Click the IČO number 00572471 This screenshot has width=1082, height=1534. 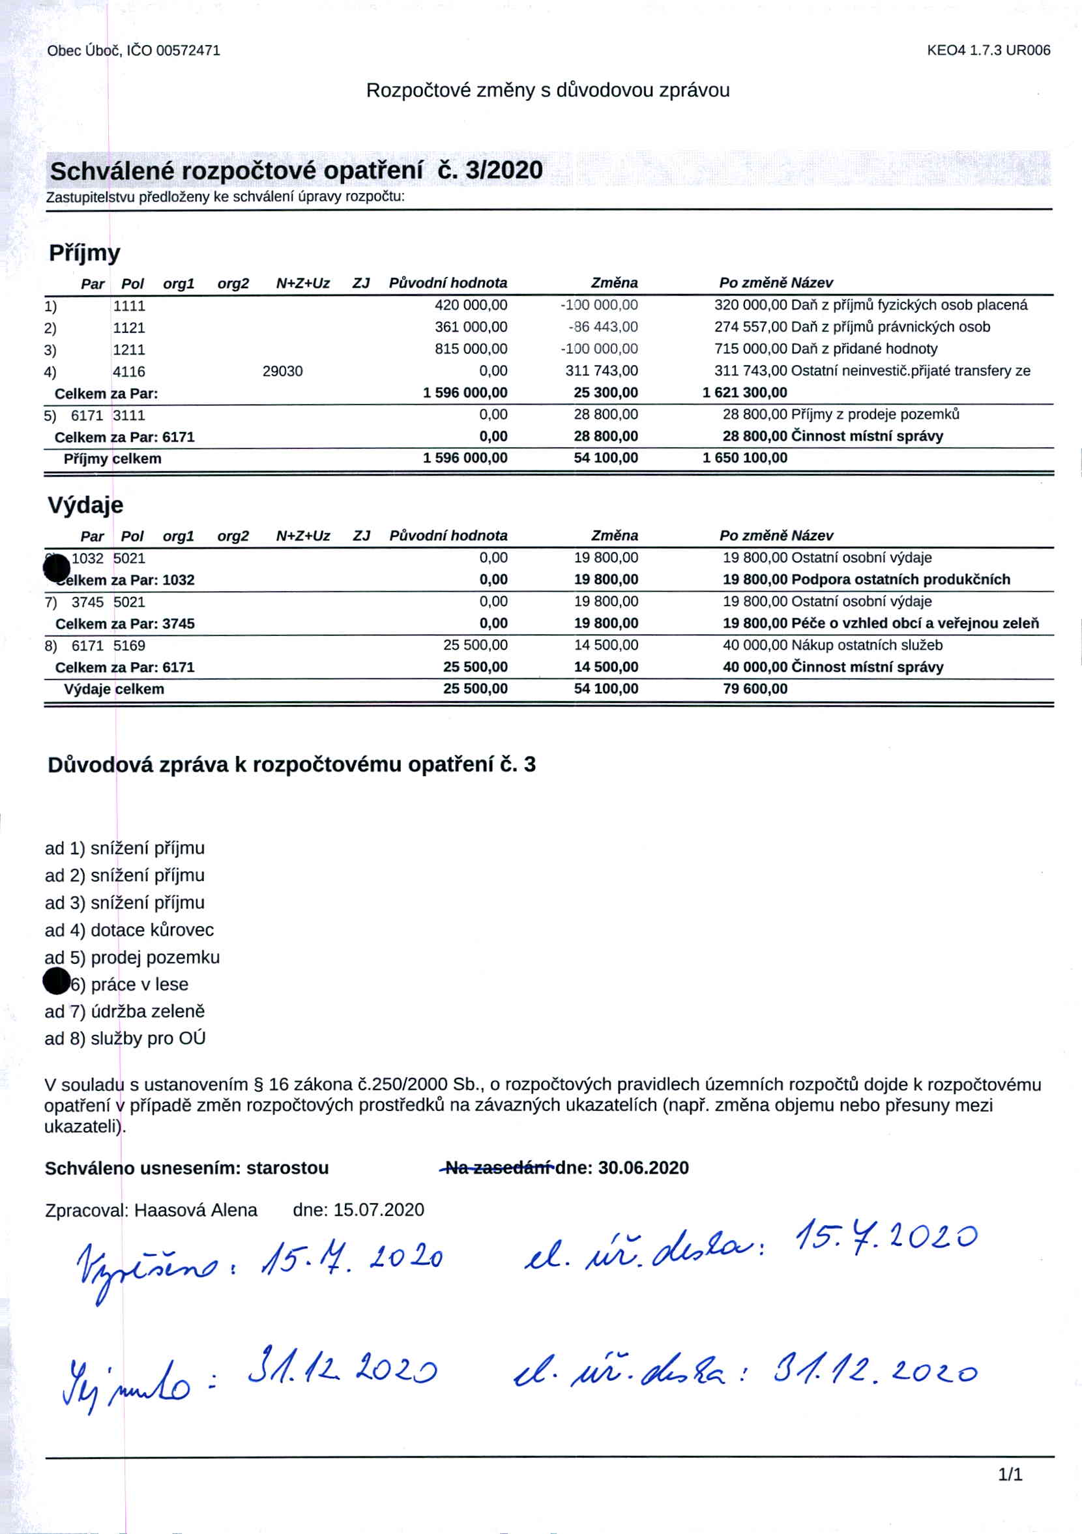coord(188,51)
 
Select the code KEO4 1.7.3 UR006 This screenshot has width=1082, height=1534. coord(988,50)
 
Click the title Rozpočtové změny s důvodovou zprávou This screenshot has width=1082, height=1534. coord(548,90)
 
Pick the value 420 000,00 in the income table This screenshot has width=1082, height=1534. coord(471,306)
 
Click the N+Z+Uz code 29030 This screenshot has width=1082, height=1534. coord(282,371)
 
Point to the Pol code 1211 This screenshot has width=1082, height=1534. coord(129,349)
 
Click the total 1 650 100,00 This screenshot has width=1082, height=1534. coord(744,458)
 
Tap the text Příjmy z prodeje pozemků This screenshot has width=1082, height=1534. coord(875,414)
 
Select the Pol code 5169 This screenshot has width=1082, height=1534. coord(129,646)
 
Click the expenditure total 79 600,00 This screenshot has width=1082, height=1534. coord(755,689)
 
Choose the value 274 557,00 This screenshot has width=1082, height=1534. coord(750,327)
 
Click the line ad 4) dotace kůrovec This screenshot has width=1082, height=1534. coord(129,930)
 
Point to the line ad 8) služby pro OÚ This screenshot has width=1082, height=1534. coord(125,1038)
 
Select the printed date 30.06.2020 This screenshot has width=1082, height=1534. coord(643,1168)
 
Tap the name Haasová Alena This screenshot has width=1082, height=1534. coord(195,1210)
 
